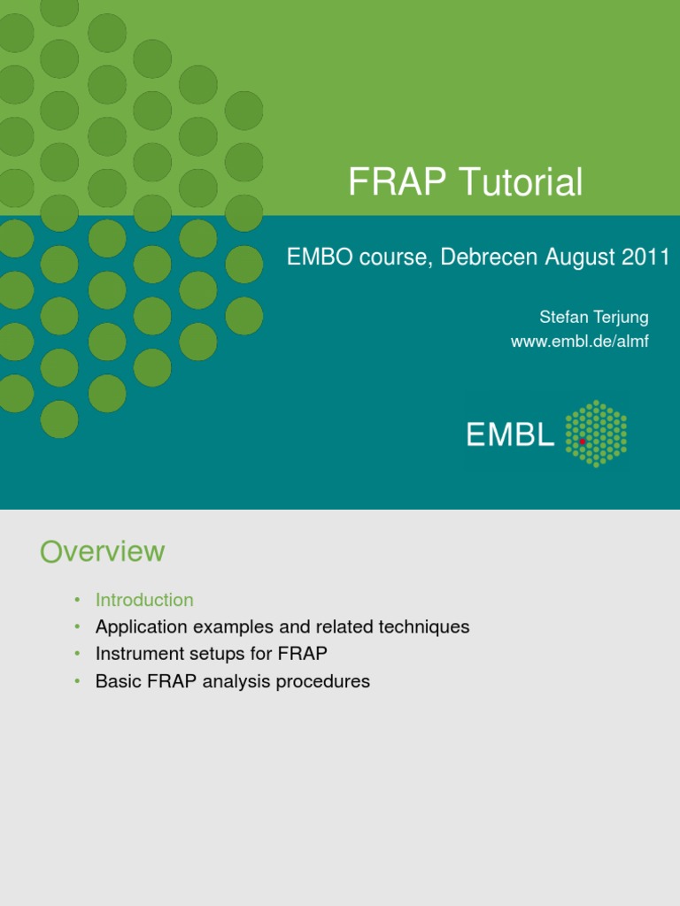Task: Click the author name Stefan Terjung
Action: coord(594,318)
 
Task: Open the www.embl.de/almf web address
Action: coord(580,342)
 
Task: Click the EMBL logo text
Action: coord(510,434)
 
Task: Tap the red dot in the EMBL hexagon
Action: coord(583,441)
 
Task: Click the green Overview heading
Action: coord(102,551)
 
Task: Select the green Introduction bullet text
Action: coord(144,600)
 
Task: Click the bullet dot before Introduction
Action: coord(77,600)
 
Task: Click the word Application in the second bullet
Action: coord(141,627)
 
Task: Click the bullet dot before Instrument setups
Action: coord(77,654)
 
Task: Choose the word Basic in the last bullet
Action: coord(118,681)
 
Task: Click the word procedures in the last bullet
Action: coord(324,681)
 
